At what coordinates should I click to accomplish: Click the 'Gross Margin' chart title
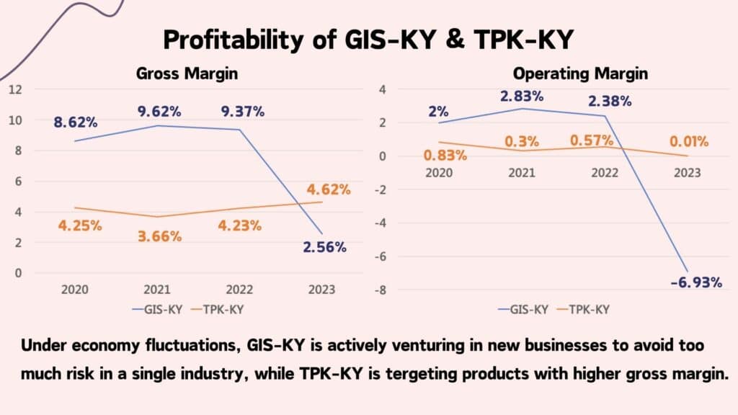coord(187,73)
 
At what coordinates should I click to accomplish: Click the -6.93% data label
coord(695,282)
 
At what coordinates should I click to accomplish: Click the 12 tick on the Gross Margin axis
coord(16,89)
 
